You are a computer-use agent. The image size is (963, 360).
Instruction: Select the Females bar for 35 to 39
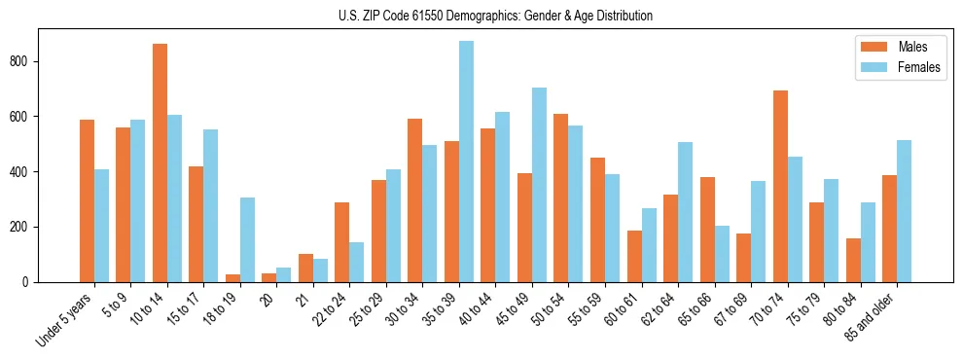[466, 162]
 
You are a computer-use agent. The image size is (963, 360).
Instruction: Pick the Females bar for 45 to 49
[539, 185]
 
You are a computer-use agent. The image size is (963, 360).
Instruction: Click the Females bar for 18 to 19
[247, 240]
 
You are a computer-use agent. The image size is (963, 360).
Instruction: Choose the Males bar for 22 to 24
[341, 242]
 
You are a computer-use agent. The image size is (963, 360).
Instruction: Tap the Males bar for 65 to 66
[707, 230]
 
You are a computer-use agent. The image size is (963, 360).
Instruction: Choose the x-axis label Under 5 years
[66, 322]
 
